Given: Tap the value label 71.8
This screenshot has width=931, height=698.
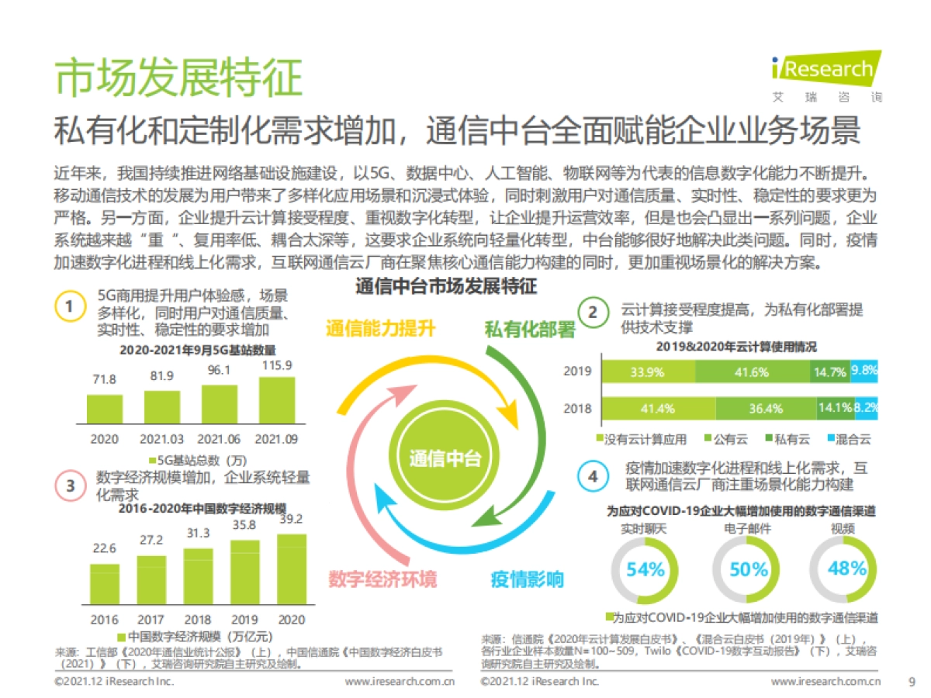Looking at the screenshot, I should pyautogui.click(x=104, y=379).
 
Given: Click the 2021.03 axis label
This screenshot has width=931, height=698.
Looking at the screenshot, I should pyautogui.click(x=162, y=439).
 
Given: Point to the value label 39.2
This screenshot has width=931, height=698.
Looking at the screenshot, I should pyautogui.click(x=291, y=519).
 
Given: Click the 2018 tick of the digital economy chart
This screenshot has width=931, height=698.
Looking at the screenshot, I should pyautogui.click(x=198, y=620).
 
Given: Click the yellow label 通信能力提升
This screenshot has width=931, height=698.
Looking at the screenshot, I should pyautogui.click(x=380, y=328).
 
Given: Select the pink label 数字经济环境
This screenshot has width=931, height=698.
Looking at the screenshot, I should pyautogui.click(x=382, y=579).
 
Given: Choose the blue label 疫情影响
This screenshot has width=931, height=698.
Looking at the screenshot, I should pyautogui.click(x=528, y=579).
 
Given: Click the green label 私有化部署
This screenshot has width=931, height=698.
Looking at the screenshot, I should pyautogui.click(x=530, y=330).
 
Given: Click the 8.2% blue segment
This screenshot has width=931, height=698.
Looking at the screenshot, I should pyautogui.click(x=866, y=408).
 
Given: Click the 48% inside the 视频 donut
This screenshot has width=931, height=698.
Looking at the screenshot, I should pyautogui.click(x=846, y=568).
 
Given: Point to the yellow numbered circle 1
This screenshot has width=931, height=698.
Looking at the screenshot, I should pyautogui.click(x=69, y=307).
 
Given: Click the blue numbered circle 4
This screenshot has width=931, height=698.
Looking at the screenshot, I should pyautogui.click(x=594, y=476).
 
